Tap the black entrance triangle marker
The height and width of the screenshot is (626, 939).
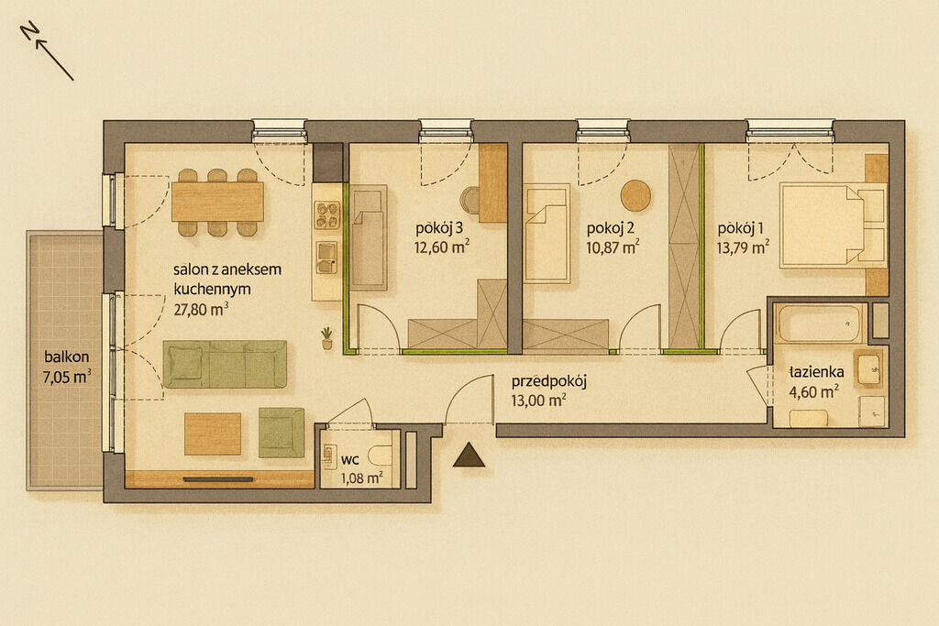pyautogui.click(x=469, y=456)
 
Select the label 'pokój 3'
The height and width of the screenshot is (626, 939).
pyautogui.click(x=439, y=228)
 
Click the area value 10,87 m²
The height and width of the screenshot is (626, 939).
pyautogui.click(x=613, y=247)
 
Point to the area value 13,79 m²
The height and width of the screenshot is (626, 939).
pyautogui.click(x=743, y=247)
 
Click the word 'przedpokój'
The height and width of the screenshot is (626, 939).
pyautogui.click(x=548, y=381)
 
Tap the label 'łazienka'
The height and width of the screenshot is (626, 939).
pyautogui.click(x=816, y=371)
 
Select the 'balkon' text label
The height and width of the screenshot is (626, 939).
pyautogui.click(x=66, y=357)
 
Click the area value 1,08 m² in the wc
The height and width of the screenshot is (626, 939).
pyautogui.click(x=361, y=478)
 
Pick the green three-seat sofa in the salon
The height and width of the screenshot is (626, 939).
pyautogui.click(x=225, y=364)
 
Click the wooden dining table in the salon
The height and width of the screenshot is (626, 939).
pyautogui.click(x=218, y=202)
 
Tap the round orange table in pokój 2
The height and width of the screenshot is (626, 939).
pyautogui.click(x=635, y=195)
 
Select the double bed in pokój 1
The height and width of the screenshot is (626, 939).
pyautogui.click(x=833, y=225)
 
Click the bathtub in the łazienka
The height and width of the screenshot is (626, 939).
pyautogui.click(x=819, y=324)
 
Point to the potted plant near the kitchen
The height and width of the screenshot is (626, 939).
pyautogui.click(x=327, y=338)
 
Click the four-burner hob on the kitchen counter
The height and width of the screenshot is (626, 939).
pyautogui.click(x=327, y=215)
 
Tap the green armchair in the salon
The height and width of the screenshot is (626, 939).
pyautogui.click(x=282, y=432)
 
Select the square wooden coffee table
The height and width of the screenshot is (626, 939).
pyautogui.click(x=213, y=434)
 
